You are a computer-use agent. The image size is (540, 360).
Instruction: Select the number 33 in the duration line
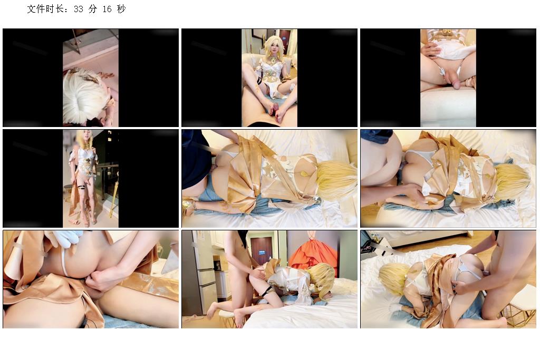coord(79,9)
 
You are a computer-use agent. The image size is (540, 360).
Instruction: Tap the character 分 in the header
coord(93,9)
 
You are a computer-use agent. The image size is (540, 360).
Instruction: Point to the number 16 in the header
coord(107,9)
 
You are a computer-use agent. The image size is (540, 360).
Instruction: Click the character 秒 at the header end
coord(121,9)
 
